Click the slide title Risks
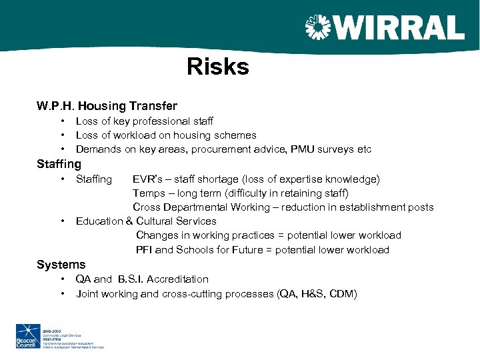point(218,67)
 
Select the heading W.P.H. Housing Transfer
point(107,106)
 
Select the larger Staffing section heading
point(59,164)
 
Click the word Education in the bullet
point(99,221)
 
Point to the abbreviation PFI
point(145,250)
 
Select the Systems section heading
point(61,265)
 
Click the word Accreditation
point(177,279)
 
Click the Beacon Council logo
point(28,336)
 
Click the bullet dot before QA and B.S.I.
point(62,279)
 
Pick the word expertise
point(299,179)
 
